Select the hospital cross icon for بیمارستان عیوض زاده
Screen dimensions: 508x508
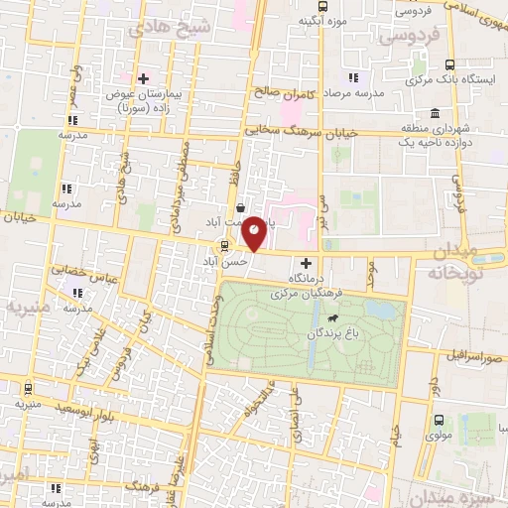click(144, 77)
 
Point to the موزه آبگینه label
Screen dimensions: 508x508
click(322, 19)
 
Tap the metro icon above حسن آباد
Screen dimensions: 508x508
click(224, 246)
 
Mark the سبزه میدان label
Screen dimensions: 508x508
click(466, 496)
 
